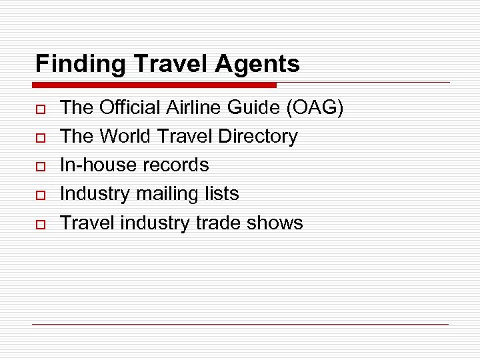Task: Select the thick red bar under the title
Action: (155, 85)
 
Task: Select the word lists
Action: (223, 194)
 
